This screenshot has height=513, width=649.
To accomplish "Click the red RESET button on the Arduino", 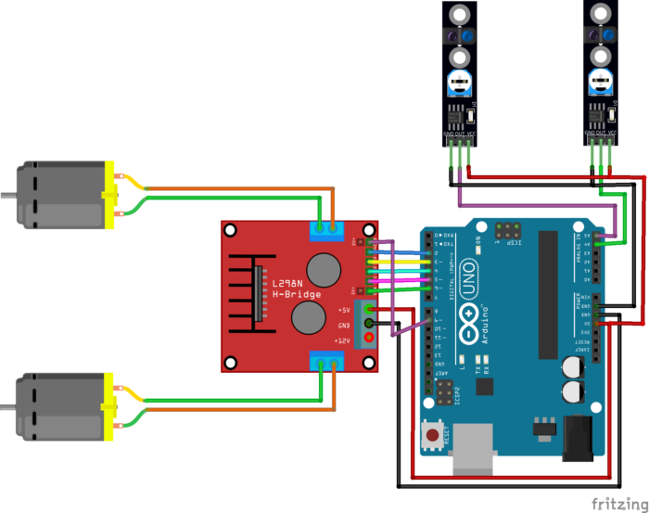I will pos(431,433).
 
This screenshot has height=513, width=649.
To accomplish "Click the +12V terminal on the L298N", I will pos(371,338).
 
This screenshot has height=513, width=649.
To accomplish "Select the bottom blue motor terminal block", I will pos(325,363).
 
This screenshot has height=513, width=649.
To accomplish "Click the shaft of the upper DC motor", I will pos(7,196).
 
